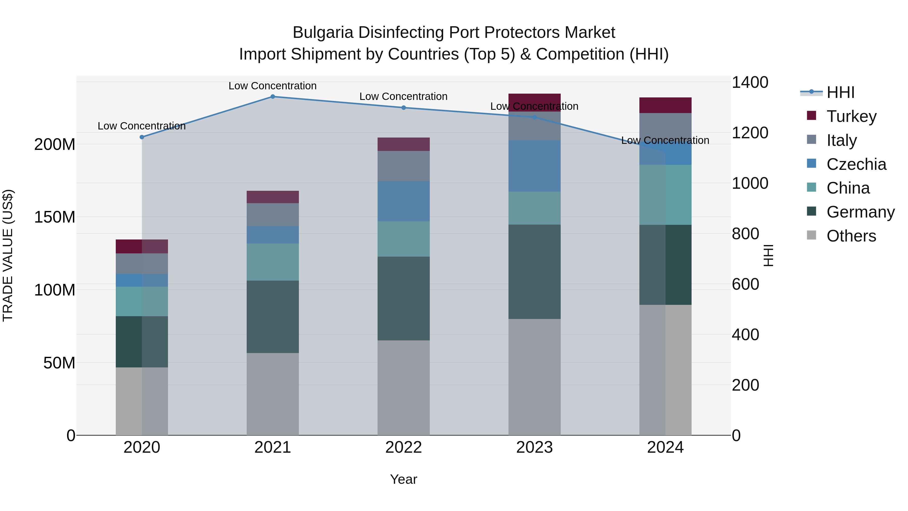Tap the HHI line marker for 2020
pos(142,137)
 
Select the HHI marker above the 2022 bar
pos(404,107)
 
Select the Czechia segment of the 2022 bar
pos(404,201)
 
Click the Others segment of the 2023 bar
pos(534,377)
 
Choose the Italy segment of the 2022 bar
pos(404,166)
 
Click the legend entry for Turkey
pos(851,116)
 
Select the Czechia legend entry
pos(856,164)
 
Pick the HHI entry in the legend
pos(840,92)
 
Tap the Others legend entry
pos(851,236)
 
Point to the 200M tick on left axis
pos(55,144)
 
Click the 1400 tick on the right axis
pos(750,82)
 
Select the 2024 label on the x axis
pos(665,447)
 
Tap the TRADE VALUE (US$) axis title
pos(8,255)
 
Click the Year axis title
pos(404,479)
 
